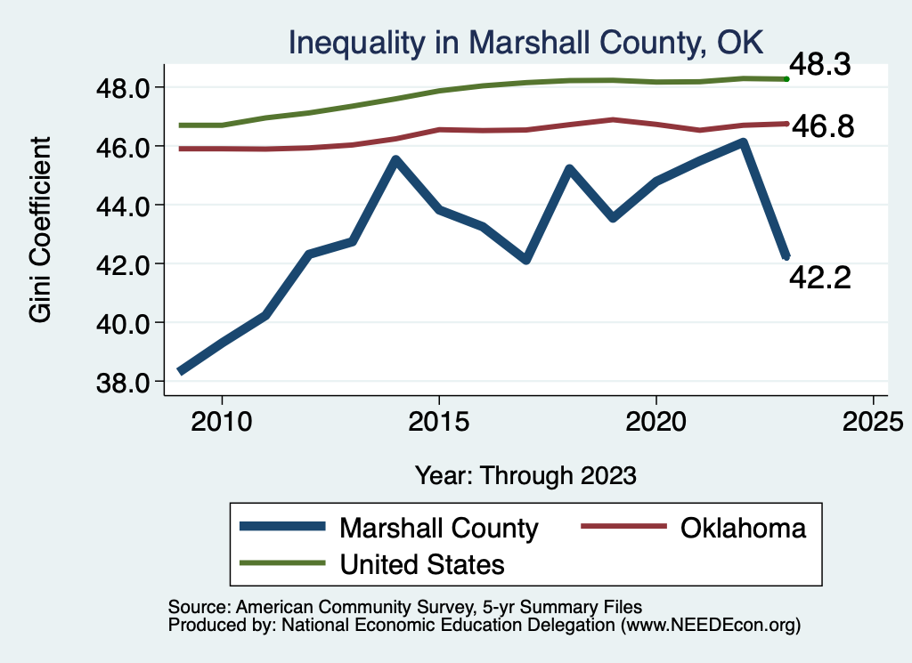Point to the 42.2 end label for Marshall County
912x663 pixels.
pyautogui.click(x=820, y=279)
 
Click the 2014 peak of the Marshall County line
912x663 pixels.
pyautogui.click(x=395, y=160)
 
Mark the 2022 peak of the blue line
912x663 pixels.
pyautogui.click(x=743, y=142)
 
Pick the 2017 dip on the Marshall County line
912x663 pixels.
pyautogui.click(x=525, y=260)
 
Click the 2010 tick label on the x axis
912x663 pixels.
pyautogui.click(x=222, y=417)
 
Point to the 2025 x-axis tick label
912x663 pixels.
pyautogui.click(x=874, y=417)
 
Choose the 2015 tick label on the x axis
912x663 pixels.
pyautogui.click(x=439, y=417)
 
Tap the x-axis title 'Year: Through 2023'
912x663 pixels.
pyautogui.click(x=525, y=474)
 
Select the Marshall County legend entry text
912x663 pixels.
pyautogui.click(x=438, y=528)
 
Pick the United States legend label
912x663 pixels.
pyautogui.click(x=421, y=563)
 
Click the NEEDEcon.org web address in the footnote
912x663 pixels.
pyautogui.click(x=708, y=626)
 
